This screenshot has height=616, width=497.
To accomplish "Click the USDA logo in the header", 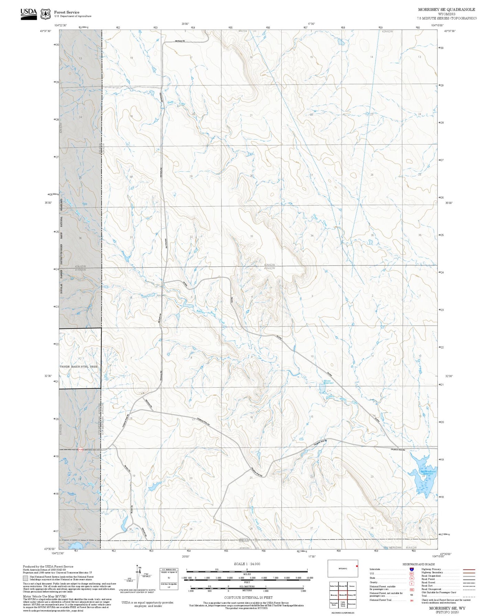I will point(29,13).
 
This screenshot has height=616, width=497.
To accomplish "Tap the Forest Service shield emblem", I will point(45,14).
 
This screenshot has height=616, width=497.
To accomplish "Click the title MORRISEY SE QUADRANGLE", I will point(446,10).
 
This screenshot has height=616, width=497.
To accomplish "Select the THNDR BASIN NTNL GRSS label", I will point(79,366).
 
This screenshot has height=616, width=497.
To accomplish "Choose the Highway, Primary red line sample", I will point(469,569).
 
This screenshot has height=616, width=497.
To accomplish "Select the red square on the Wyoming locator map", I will point(357,566).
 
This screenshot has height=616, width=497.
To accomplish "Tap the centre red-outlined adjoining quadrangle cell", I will point(343,595).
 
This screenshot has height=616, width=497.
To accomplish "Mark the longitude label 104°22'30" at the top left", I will point(61,25).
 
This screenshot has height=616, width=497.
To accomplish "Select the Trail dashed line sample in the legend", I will point(469,596).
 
